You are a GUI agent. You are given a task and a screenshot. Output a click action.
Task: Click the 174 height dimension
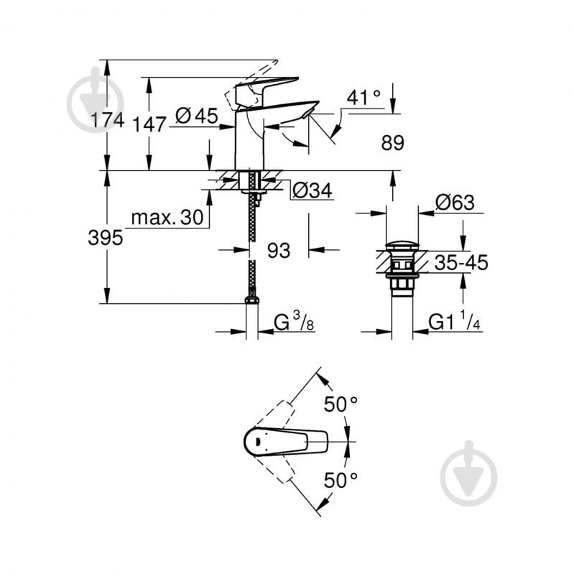(107, 121)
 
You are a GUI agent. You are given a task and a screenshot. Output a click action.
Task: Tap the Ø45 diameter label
(196, 116)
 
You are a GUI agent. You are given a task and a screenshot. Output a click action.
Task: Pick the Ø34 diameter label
(313, 190)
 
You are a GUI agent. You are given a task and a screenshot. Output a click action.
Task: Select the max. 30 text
(167, 218)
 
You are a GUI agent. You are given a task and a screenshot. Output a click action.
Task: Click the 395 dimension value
(106, 239)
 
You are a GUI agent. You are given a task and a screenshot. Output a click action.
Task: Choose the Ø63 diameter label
(455, 203)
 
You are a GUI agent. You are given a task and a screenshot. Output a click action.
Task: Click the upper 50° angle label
(340, 404)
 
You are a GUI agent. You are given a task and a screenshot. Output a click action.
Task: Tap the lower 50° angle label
(340, 479)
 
